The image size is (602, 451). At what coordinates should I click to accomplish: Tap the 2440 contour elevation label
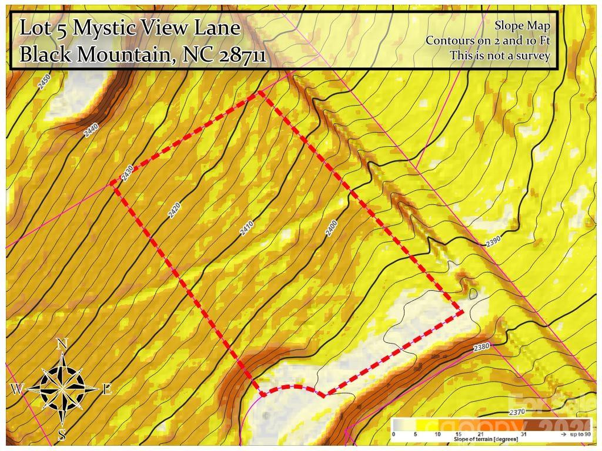91,130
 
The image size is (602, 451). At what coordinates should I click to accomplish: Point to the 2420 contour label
174,210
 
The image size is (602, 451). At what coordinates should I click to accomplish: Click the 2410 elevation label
247,228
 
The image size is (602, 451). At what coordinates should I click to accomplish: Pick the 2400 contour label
332,228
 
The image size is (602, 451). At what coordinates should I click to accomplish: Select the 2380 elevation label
481,347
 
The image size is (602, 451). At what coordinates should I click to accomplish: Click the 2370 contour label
517,412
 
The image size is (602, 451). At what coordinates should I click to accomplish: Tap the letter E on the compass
107,389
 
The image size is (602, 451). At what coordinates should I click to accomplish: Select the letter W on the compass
17,389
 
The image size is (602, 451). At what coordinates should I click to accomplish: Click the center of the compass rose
62,388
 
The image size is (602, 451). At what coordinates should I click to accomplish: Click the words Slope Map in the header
522,25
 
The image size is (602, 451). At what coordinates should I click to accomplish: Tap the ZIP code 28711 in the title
242,55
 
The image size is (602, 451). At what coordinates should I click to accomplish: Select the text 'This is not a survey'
500,56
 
